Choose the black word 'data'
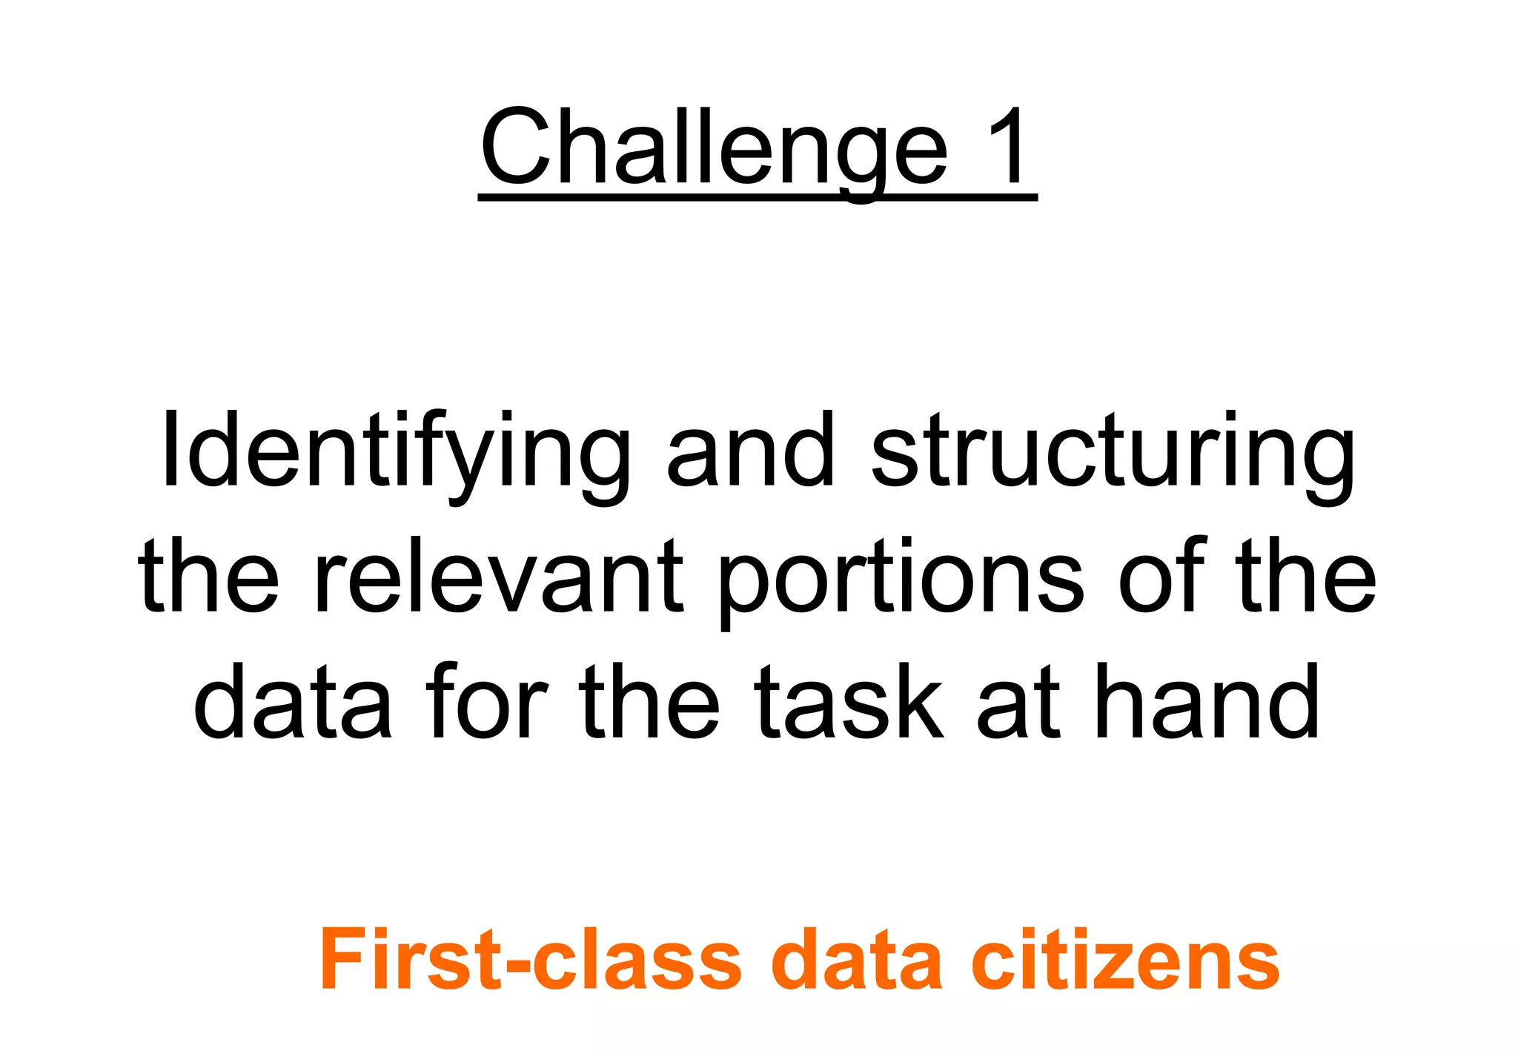tap(293, 701)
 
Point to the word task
tap(849, 701)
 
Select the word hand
tap(1208, 701)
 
